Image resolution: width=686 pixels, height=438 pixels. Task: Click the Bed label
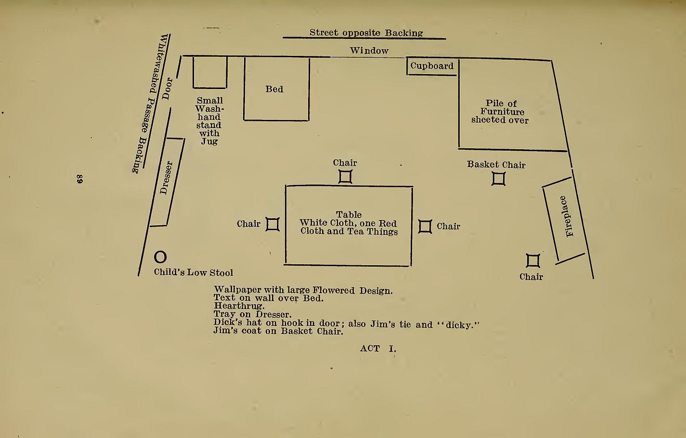coord(274,89)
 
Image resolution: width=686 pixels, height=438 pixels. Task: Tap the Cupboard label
coord(432,66)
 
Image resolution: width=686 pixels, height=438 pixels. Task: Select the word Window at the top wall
coord(369,51)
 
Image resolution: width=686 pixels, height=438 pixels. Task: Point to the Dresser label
coord(166,178)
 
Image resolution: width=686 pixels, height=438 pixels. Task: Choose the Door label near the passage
coord(167,89)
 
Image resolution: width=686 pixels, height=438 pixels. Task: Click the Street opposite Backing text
coord(366,33)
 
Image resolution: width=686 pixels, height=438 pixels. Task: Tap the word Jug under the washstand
coord(209,142)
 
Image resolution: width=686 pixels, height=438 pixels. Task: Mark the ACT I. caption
coord(378,348)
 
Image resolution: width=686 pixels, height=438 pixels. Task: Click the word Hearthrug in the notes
coord(239,306)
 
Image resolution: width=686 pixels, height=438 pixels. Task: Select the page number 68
coord(79,179)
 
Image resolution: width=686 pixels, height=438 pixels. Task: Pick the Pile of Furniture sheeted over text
coord(500,112)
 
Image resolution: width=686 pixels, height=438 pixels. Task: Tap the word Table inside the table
coord(349,214)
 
